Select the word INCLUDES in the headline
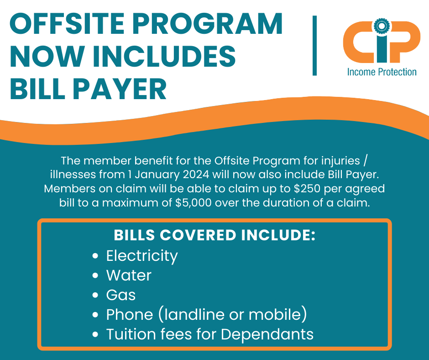(164, 56)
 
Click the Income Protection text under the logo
(382, 72)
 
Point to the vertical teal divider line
(314, 46)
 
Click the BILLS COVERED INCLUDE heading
(215, 235)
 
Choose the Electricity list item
(142, 256)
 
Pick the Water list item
(129, 275)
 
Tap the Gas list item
(121, 295)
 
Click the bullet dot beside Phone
(95, 315)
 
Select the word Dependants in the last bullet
(267, 334)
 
